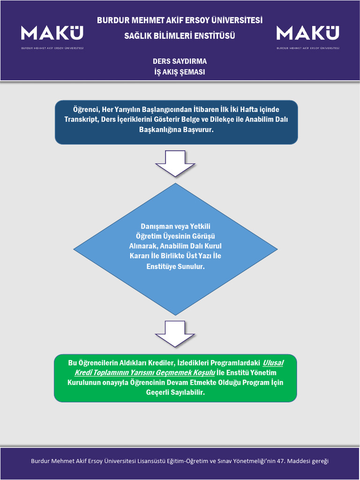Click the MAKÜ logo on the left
coord(52,37)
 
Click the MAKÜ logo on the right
coord(308,37)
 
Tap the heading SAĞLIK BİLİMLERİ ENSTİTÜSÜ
coord(180,36)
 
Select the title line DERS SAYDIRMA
coord(180,61)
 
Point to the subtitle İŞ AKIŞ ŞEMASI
coord(180,72)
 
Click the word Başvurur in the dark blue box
coord(198,129)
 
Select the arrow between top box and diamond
coord(175,163)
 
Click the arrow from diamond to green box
coord(175,334)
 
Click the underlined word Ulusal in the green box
coord(273,363)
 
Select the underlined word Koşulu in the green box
coord(204,373)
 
